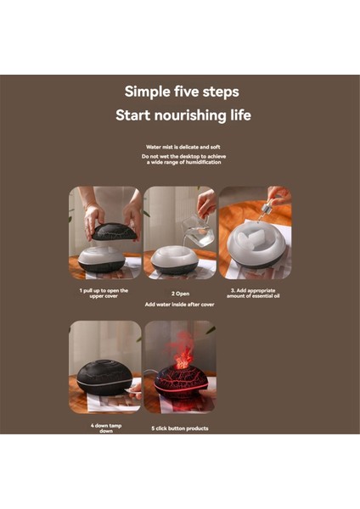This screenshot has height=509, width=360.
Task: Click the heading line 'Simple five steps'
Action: click(x=182, y=92)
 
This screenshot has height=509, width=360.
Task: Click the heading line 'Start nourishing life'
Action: click(x=183, y=115)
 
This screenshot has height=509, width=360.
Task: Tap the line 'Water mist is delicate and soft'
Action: click(x=183, y=147)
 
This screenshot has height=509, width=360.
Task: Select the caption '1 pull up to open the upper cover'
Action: click(x=104, y=294)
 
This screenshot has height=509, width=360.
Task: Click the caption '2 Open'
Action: click(x=180, y=294)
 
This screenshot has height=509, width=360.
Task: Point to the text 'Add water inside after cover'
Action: click(x=180, y=305)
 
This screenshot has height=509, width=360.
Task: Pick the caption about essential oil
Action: click(x=253, y=294)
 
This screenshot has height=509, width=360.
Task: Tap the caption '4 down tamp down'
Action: click(x=106, y=428)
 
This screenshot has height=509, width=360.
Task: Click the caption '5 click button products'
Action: click(x=180, y=428)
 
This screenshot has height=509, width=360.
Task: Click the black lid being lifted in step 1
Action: click(x=111, y=231)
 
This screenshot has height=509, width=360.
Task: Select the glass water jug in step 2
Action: click(x=198, y=231)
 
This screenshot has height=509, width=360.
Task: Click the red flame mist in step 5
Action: click(x=182, y=350)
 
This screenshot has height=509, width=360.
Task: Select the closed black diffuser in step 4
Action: click(x=104, y=378)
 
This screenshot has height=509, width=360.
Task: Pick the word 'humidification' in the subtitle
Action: click(x=205, y=162)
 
